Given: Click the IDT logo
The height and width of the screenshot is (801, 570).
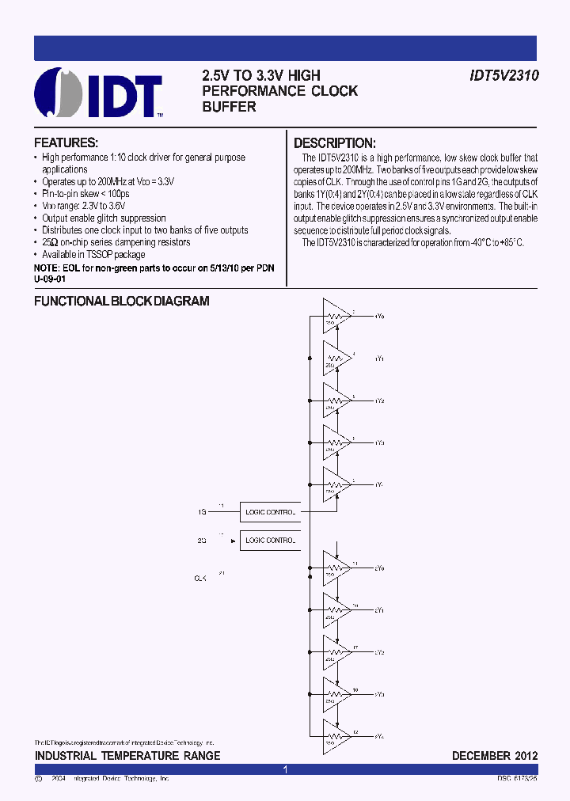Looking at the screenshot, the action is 99,93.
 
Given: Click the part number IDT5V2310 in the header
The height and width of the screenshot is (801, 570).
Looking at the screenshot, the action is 500,76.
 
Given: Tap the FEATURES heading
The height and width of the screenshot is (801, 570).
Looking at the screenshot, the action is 66,143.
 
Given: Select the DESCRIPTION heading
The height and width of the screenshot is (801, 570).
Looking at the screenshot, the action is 334,143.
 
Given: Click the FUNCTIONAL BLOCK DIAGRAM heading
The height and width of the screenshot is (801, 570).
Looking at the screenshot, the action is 122,302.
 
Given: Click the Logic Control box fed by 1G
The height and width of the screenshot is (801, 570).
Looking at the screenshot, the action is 270,512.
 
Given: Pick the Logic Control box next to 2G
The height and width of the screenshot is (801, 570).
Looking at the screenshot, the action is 270,541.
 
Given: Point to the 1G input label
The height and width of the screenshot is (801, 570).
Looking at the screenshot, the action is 202,512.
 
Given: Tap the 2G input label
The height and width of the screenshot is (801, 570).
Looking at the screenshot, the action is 202,541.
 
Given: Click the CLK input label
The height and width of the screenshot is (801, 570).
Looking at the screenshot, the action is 200,579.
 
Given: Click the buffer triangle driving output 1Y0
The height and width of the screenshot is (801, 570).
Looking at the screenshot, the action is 336,316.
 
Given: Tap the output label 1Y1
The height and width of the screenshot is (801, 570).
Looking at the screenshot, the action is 379,359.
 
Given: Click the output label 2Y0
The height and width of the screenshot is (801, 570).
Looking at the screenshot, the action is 379,568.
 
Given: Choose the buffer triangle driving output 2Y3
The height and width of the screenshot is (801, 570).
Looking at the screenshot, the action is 336,694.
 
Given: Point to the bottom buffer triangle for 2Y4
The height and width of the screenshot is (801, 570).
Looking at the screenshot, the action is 336,736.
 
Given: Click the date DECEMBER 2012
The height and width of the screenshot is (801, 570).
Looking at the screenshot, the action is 495,756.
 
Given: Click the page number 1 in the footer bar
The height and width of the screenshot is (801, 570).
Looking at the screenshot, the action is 285,769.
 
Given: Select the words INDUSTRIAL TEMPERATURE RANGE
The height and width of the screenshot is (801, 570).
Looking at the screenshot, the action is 127,756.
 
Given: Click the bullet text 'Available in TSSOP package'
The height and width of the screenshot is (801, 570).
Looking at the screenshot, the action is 93,255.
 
